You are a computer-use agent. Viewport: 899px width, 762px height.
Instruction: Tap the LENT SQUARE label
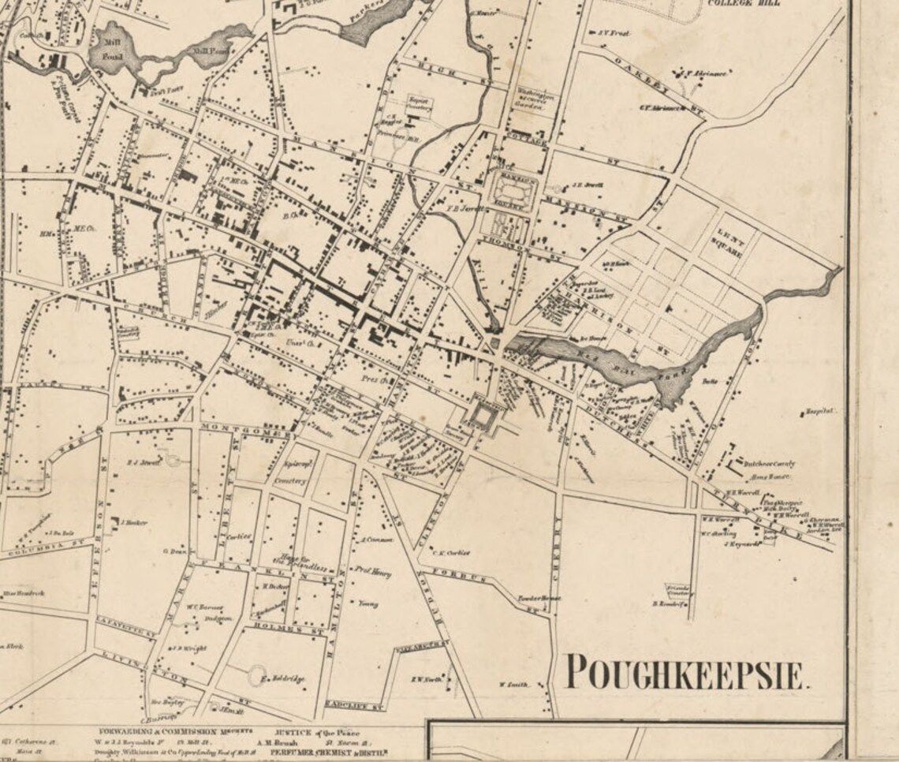729,243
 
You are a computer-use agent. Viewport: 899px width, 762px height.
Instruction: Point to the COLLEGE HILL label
744,3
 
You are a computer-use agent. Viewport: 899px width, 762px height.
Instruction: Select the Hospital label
820,411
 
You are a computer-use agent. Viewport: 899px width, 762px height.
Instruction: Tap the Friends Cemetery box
677,589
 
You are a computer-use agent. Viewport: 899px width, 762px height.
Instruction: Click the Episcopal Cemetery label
289,472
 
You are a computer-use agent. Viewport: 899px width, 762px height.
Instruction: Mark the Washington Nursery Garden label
535,97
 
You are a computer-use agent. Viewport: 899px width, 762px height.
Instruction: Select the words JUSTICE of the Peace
317,731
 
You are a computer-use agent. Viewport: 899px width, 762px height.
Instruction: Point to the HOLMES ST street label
278,627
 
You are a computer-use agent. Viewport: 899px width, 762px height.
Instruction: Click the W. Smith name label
513,685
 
